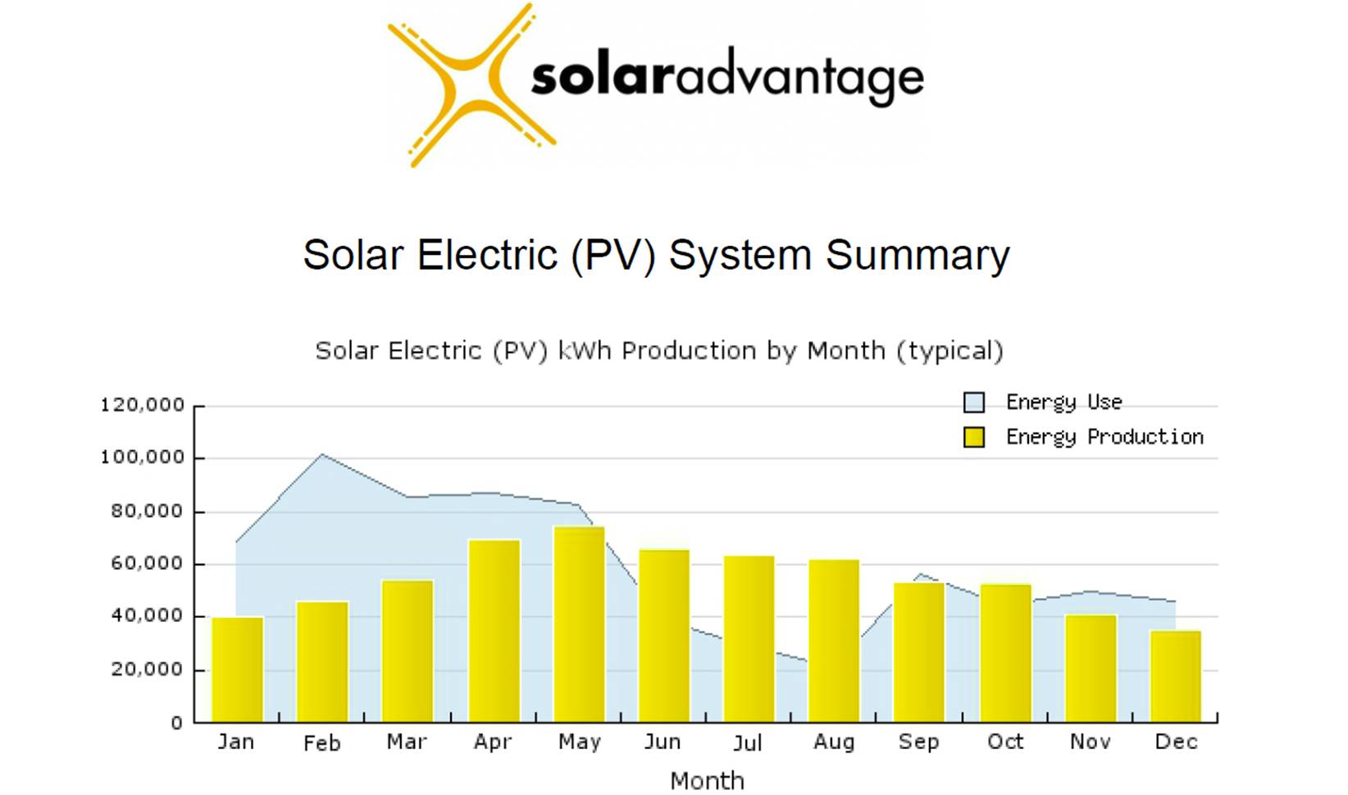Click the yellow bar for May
click(x=579, y=624)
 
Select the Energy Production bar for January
click(x=237, y=669)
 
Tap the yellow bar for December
click(x=1175, y=675)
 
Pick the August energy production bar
click(x=834, y=640)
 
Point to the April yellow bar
click(x=494, y=630)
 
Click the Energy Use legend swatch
click(x=974, y=402)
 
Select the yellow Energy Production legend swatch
click(x=974, y=438)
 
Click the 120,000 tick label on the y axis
click(x=143, y=405)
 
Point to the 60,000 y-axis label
click(x=148, y=564)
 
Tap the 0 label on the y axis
click(x=176, y=724)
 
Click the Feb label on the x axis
click(x=321, y=743)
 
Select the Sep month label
click(x=918, y=742)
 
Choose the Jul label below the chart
click(x=747, y=743)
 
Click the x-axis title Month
click(x=707, y=781)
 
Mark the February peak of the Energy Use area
click(x=322, y=455)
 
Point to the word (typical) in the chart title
click(x=950, y=352)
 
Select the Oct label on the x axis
click(x=1005, y=742)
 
